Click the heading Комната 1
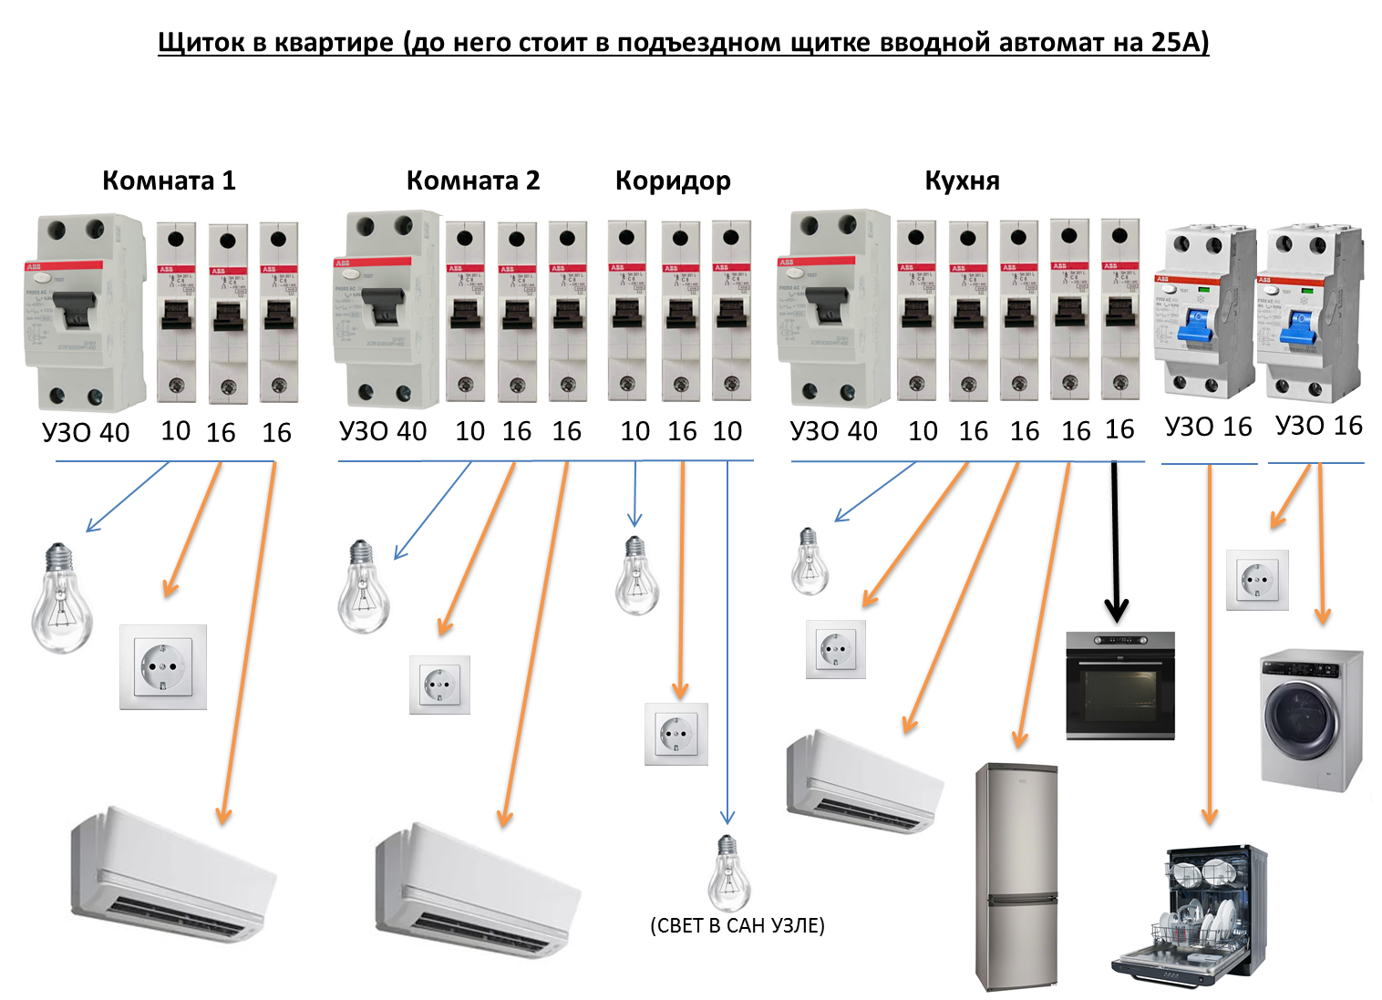(169, 180)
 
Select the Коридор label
(673, 180)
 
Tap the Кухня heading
(962, 180)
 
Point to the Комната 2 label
(472, 180)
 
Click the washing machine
(1310, 718)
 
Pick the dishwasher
(1190, 916)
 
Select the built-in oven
(1120, 686)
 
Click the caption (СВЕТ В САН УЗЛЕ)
(737, 925)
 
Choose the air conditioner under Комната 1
(173, 875)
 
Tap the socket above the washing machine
(1257, 580)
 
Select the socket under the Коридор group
(676, 733)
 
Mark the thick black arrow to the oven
(1116, 547)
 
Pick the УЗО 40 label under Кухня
(833, 431)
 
